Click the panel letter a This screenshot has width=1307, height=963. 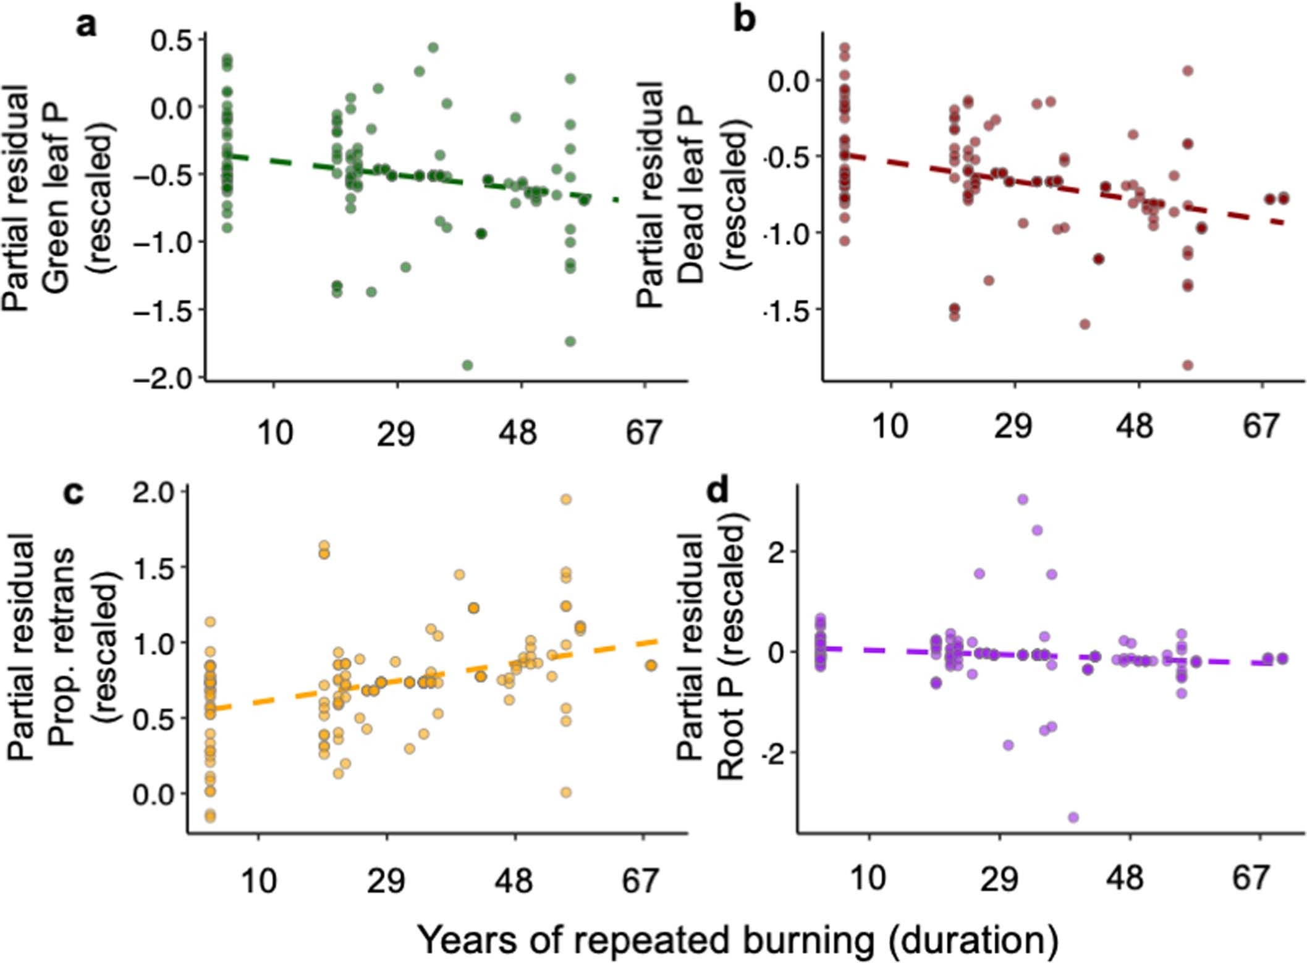point(87,26)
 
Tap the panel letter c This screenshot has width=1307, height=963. point(74,493)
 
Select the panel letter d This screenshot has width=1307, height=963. point(719,492)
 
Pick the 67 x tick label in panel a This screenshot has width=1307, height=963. point(643,432)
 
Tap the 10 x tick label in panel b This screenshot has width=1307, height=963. point(890,426)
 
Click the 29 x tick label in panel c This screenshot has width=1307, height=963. point(386,880)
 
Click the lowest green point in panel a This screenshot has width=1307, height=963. point(468,365)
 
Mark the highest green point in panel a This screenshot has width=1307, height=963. point(433,48)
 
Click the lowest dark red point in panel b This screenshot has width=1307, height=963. point(1188,365)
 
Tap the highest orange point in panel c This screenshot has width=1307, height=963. point(565,500)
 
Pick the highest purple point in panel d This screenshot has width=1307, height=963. point(1023,499)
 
